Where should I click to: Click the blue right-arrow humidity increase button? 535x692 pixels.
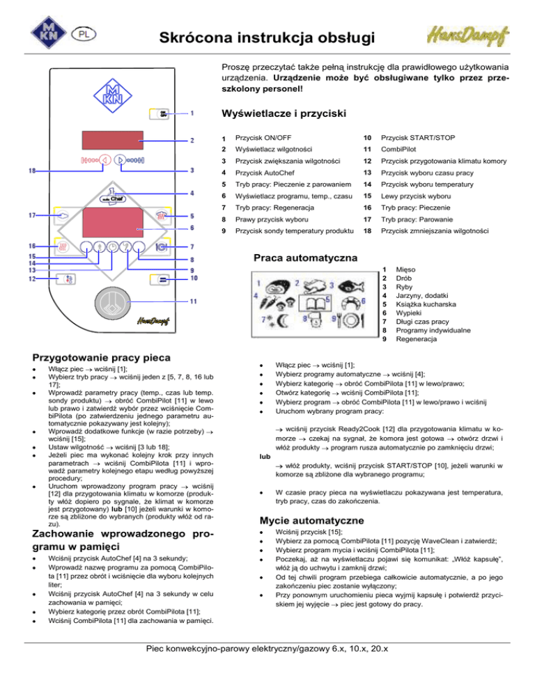(119, 159)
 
